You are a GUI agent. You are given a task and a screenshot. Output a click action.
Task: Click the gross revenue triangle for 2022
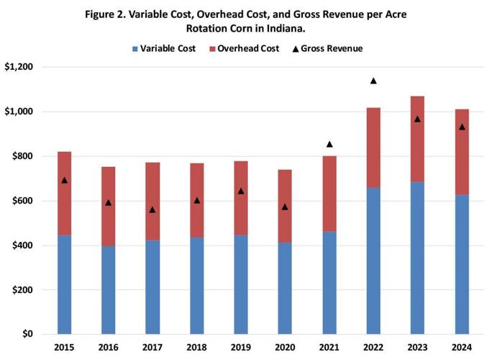click(x=373, y=81)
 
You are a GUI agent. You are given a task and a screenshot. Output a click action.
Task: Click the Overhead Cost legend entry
click(x=244, y=48)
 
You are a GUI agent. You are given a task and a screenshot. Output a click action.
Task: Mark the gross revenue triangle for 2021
click(x=329, y=144)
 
